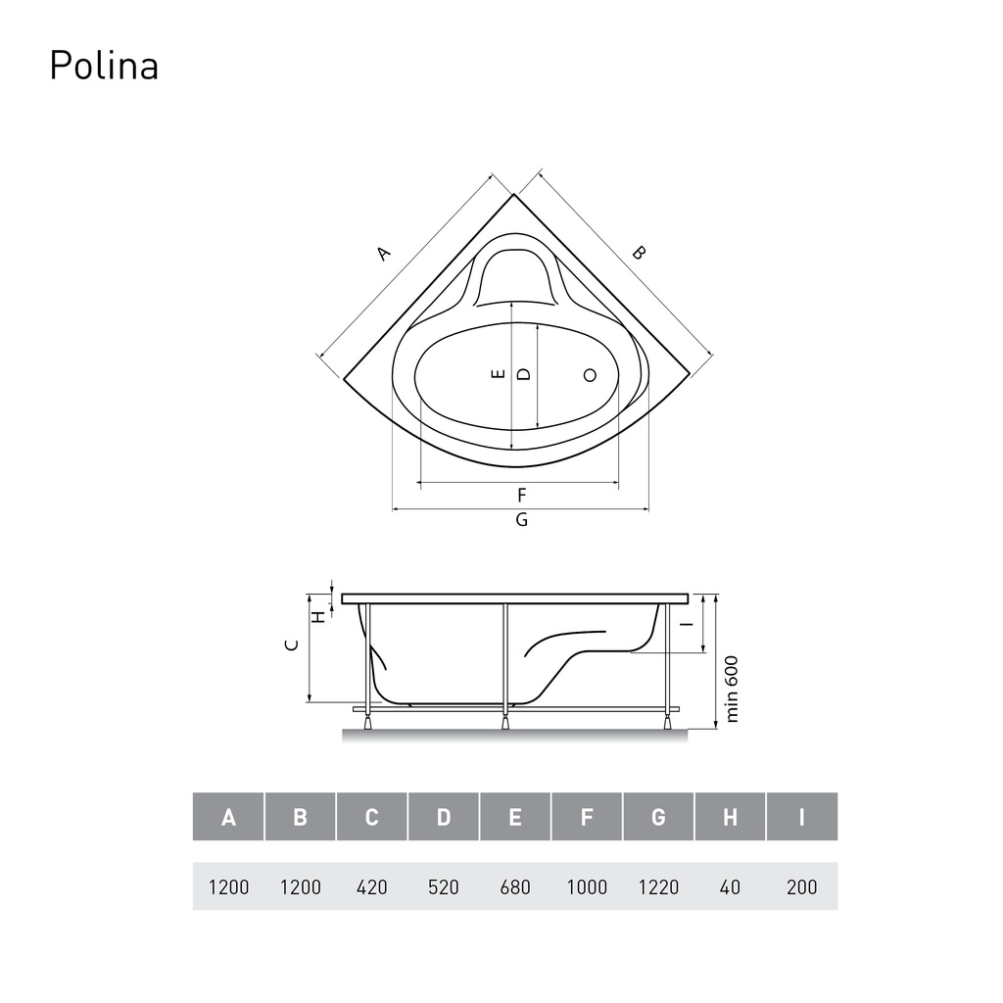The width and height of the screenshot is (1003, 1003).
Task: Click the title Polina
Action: click(104, 66)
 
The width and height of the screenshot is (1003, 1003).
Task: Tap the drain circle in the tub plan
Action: click(590, 375)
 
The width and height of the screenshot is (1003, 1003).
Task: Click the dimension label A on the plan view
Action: click(383, 254)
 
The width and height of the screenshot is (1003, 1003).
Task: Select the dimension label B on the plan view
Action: click(639, 253)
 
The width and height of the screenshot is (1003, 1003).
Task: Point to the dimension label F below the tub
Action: click(522, 495)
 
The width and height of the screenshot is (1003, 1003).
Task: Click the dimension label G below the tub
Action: click(522, 519)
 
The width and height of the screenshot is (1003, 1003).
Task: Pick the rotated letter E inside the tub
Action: click(499, 374)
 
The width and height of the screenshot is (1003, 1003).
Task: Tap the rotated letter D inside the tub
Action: click(524, 374)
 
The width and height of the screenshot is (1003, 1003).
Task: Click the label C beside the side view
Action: click(291, 645)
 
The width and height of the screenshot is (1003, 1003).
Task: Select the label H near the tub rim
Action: click(318, 617)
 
